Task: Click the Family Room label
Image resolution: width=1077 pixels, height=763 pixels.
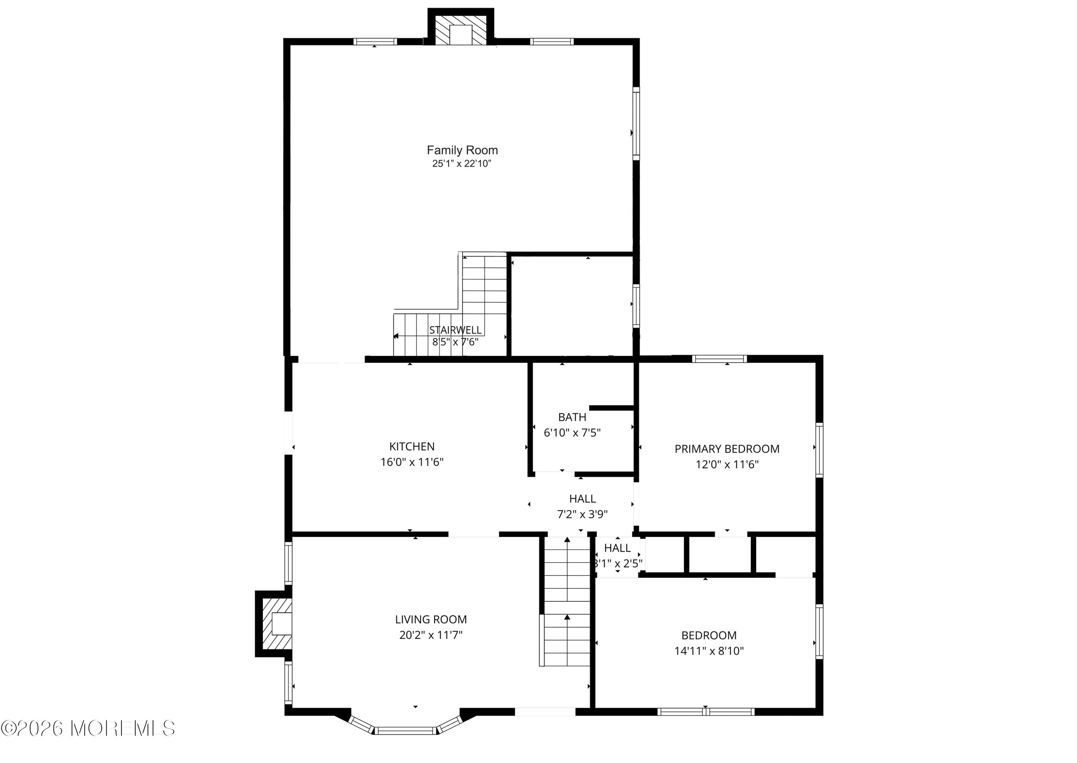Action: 462,150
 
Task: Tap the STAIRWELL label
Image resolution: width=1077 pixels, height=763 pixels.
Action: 455,330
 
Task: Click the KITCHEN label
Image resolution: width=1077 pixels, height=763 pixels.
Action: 412,446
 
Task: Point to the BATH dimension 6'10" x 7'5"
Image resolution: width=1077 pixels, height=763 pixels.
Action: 572,433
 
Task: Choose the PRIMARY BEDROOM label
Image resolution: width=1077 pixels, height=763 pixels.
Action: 727,449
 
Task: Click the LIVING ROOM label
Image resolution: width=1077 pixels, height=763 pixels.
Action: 431,619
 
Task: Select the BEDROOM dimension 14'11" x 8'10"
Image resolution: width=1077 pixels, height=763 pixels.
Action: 709,651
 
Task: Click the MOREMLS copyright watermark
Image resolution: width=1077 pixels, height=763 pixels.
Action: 88,728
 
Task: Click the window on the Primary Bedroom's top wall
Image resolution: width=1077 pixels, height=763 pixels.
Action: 719,359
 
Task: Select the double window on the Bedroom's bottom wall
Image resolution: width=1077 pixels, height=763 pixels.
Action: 705,711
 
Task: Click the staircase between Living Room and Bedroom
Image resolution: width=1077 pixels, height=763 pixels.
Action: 567,604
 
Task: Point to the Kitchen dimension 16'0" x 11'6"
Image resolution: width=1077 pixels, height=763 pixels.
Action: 412,462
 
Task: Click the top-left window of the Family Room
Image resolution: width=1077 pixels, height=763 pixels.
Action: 375,42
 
